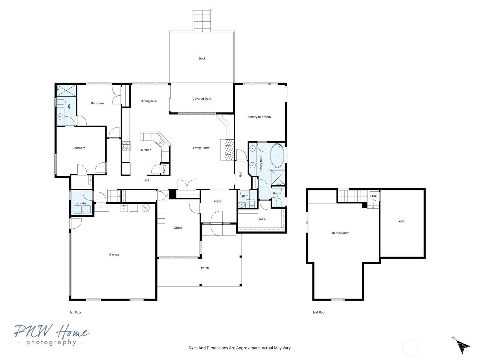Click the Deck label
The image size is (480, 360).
202,58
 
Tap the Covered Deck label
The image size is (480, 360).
202,99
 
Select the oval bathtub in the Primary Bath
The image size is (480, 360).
277,156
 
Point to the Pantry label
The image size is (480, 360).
164,169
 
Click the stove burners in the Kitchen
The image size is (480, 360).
126,145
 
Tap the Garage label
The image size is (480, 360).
114,254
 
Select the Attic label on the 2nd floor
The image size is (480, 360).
402,221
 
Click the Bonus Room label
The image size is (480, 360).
340,233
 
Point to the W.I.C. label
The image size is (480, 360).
262,219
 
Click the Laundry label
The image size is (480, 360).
81,203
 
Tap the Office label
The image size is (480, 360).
178,228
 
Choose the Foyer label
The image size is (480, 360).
217,201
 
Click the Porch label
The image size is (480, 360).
205,268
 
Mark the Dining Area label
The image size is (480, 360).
148,101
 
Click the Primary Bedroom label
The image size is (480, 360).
259,117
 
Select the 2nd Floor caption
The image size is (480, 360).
319,312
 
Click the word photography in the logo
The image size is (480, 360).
51,342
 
